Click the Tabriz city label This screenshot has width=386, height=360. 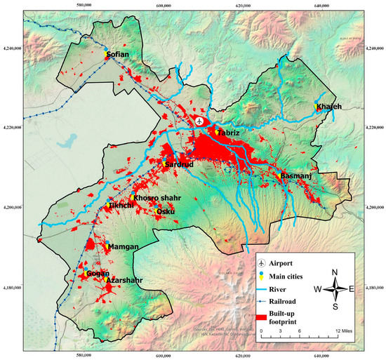click(x=229, y=133)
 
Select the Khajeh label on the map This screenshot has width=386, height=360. click(x=328, y=107)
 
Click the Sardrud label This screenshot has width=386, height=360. click(x=179, y=164)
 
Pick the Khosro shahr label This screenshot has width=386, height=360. click(x=157, y=198)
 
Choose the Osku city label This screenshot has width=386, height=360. click(x=166, y=211)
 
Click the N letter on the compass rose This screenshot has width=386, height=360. click(x=335, y=272)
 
